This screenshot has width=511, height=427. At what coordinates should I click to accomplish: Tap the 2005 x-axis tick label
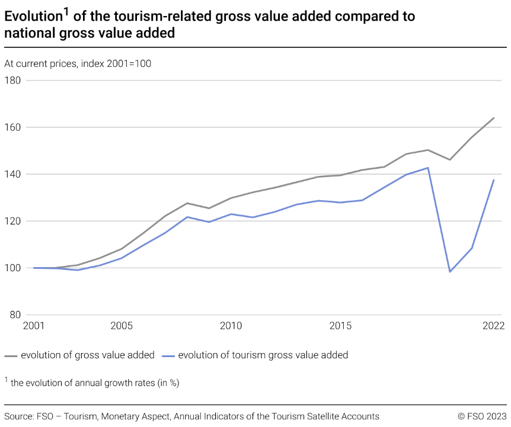pos(121,326)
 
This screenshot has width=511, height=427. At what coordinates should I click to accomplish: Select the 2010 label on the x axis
pos(231,326)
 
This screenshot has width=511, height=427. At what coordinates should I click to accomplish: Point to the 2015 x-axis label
pos(340,326)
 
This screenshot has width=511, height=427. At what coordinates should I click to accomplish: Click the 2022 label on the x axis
pos(493,326)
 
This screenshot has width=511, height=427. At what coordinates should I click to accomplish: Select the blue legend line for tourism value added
pos(168,355)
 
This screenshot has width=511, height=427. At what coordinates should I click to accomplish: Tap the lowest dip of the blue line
pos(450,272)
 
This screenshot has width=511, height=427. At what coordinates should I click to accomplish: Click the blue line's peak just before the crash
pos(428,168)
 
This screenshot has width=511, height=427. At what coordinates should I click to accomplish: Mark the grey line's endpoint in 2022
pos(494,118)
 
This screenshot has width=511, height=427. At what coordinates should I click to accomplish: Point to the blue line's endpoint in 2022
pos(494,180)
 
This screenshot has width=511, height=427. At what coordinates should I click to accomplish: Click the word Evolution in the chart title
pos(33,17)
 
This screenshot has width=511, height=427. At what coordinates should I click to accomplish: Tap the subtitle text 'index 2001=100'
pos(117,63)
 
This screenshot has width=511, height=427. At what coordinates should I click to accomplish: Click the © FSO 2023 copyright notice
pos(482,416)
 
